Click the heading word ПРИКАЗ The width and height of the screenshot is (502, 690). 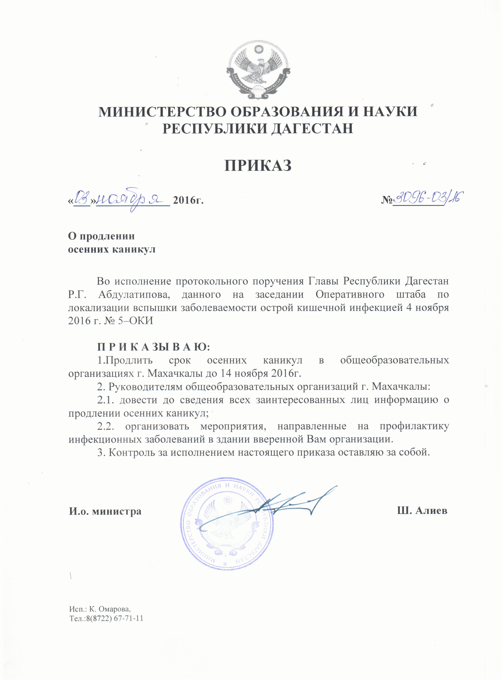(258, 166)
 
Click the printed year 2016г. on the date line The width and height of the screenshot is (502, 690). (188, 201)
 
